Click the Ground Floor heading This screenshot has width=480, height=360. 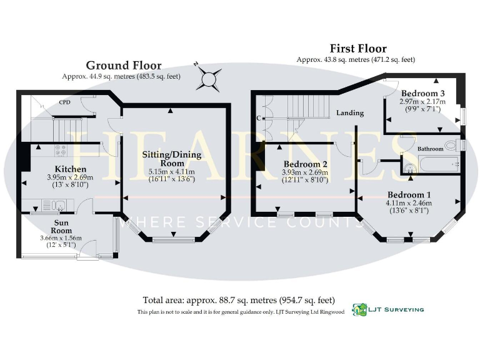click(123, 66)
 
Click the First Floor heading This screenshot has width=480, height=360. click(357, 48)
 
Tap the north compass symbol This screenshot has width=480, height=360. click(209, 79)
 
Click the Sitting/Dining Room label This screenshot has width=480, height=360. click(171, 154)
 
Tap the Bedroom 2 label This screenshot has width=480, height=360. click(305, 165)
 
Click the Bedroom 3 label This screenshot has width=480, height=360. click(423, 93)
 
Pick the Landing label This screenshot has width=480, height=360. click(350, 113)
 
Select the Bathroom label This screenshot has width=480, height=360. click(430, 149)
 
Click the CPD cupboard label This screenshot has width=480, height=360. click(64, 102)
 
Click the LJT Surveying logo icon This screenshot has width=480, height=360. click(359, 309)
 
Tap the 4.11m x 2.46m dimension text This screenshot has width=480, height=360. click(409, 203)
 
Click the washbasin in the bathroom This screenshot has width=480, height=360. click(410, 166)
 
